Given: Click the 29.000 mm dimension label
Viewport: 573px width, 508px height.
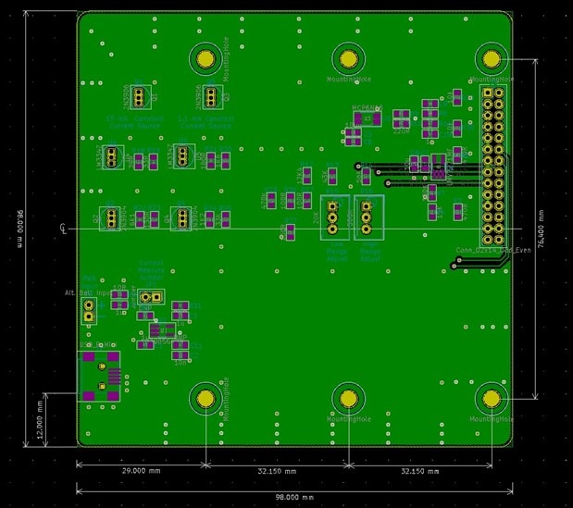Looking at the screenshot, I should (141, 471).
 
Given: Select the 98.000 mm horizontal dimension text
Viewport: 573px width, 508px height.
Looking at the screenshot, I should (294, 497).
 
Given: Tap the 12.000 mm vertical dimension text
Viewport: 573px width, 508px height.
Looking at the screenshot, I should (40, 418).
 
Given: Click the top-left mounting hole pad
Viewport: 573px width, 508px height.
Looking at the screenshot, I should (206, 58).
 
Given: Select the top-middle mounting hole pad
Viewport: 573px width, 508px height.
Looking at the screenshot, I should (348, 59).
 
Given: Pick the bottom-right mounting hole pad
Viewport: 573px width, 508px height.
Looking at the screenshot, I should (491, 398).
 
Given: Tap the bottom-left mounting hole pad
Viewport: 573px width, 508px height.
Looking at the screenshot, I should (206, 398).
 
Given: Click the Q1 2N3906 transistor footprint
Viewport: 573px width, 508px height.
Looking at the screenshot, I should (138, 95).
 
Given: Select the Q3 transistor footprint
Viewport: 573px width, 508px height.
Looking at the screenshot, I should (210, 95).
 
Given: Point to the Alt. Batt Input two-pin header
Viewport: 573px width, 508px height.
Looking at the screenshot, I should (89, 309).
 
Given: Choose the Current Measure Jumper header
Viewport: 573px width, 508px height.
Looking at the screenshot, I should (151, 297).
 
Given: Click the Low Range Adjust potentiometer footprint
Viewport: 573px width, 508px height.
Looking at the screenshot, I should (333, 217).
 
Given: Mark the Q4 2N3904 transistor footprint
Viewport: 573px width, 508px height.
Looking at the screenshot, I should (182, 217).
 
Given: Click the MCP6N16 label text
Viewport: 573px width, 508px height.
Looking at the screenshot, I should (367, 108).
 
